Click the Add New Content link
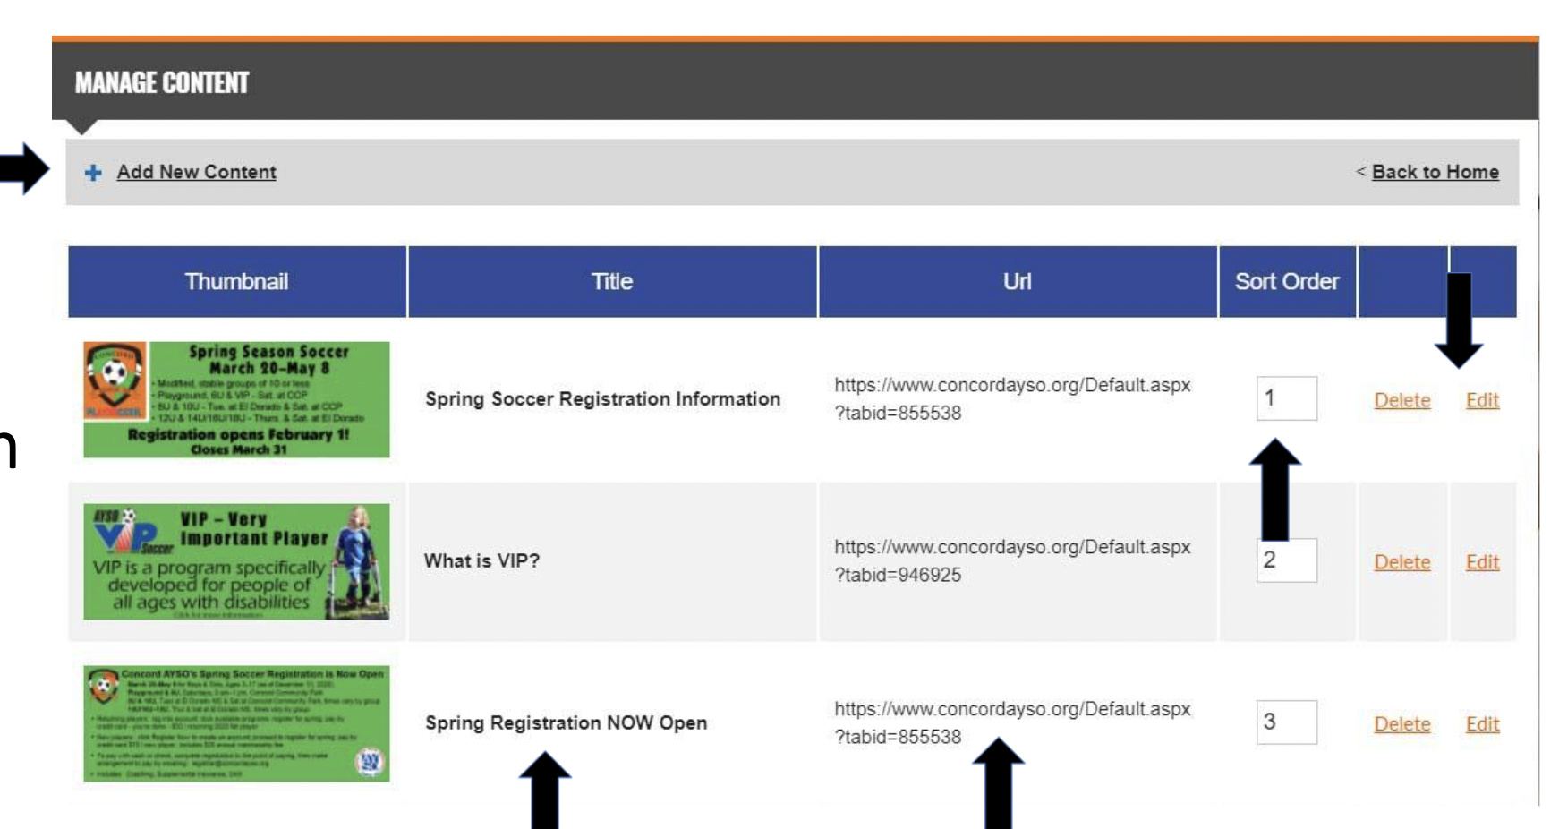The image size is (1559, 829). pyautogui.click(x=196, y=172)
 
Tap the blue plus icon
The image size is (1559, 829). pyautogui.click(x=93, y=173)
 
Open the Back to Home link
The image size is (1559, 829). pyautogui.click(x=1435, y=172)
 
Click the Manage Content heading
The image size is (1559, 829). pyautogui.click(x=162, y=83)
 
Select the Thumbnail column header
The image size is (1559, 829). pyautogui.click(x=236, y=282)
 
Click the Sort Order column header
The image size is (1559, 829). pyautogui.click(x=1286, y=282)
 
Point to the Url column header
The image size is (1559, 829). pyautogui.click(x=1017, y=282)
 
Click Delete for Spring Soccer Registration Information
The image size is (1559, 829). pyautogui.click(x=1401, y=400)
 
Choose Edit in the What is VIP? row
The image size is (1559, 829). pyautogui.click(x=1482, y=562)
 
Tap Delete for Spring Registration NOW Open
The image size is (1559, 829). pyautogui.click(x=1401, y=724)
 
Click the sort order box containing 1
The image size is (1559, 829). pyautogui.click(x=1286, y=398)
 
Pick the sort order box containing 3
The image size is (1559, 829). pyautogui.click(x=1286, y=722)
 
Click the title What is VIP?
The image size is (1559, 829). pyautogui.click(x=481, y=561)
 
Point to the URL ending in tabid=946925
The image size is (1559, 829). pyautogui.click(x=1012, y=561)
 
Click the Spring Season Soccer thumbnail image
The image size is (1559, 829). pyautogui.click(x=236, y=399)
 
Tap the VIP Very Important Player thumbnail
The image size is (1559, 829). pyautogui.click(x=236, y=561)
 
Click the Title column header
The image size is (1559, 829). pyautogui.click(x=612, y=282)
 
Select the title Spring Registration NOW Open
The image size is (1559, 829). pyautogui.click(x=566, y=723)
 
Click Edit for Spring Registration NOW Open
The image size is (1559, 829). pyautogui.click(x=1482, y=724)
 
